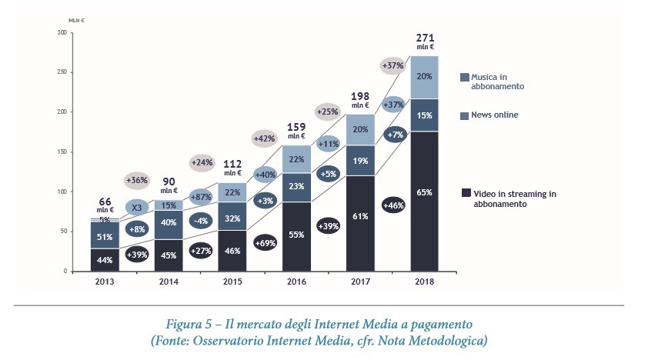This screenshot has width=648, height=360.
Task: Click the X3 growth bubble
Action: click(x=136, y=208)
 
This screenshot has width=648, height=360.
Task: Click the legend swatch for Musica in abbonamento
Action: click(x=465, y=78)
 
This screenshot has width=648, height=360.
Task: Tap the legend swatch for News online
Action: click(x=465, y=116)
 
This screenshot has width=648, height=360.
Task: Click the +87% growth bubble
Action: click(x=202, y=196)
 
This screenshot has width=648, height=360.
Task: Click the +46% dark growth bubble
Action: click(x=395, y=206)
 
